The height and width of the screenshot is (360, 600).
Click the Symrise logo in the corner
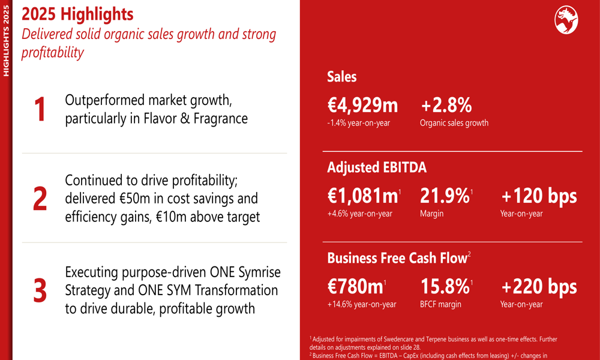(566, 20)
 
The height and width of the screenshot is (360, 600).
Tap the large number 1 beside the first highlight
(40, 110)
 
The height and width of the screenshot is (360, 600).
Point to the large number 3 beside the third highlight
(40, 290)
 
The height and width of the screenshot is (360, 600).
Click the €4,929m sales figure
(362, 106)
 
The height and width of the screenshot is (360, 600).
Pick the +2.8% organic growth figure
(446, 106)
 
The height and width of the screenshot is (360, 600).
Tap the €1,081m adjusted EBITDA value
(362, 196)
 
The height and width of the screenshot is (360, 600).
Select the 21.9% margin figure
(444, 196)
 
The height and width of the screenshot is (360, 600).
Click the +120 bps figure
(539, 196)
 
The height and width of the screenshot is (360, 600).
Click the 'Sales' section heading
(342, 77)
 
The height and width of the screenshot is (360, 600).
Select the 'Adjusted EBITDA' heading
(377, 168)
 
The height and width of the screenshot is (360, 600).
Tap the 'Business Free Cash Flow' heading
(397, 259)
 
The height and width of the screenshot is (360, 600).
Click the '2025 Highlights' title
(77, 13)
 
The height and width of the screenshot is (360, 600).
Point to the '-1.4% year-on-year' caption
(359, 123)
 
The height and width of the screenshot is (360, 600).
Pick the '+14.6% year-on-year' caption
(361, 304)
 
